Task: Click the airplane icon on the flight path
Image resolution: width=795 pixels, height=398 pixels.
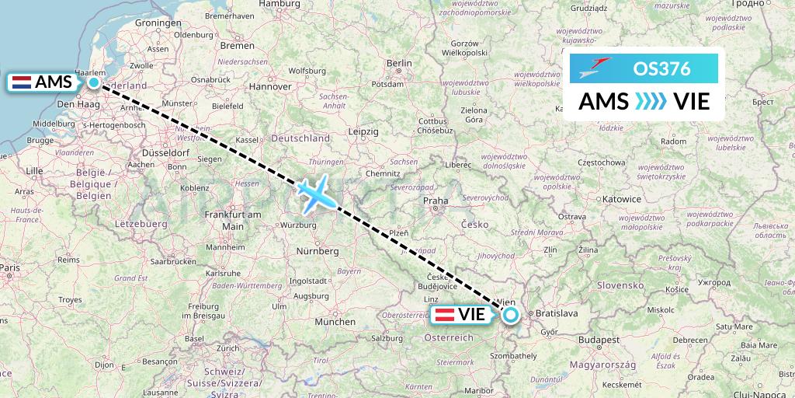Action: (316, 194)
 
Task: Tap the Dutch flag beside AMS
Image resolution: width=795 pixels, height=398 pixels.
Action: (22, 82)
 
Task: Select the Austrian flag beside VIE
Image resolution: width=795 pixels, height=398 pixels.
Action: (445, 315)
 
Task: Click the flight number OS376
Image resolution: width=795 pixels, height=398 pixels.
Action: (661, 68)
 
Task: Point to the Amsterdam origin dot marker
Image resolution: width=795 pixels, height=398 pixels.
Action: (94, 82)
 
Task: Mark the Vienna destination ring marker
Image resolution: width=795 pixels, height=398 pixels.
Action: (511, 315)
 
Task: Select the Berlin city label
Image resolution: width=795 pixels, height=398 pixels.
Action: (399, 63)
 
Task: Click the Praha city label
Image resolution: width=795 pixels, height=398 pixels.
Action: (436, 201)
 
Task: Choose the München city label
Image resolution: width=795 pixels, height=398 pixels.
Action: (335, 321)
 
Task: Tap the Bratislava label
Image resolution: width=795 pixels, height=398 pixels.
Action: (557, 313)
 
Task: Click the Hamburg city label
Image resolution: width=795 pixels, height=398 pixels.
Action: (279, 4)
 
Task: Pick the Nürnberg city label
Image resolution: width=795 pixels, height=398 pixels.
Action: (317, 251)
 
